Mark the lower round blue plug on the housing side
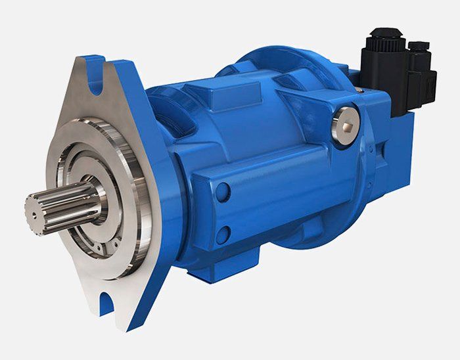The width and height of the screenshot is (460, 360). coord(224,232)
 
